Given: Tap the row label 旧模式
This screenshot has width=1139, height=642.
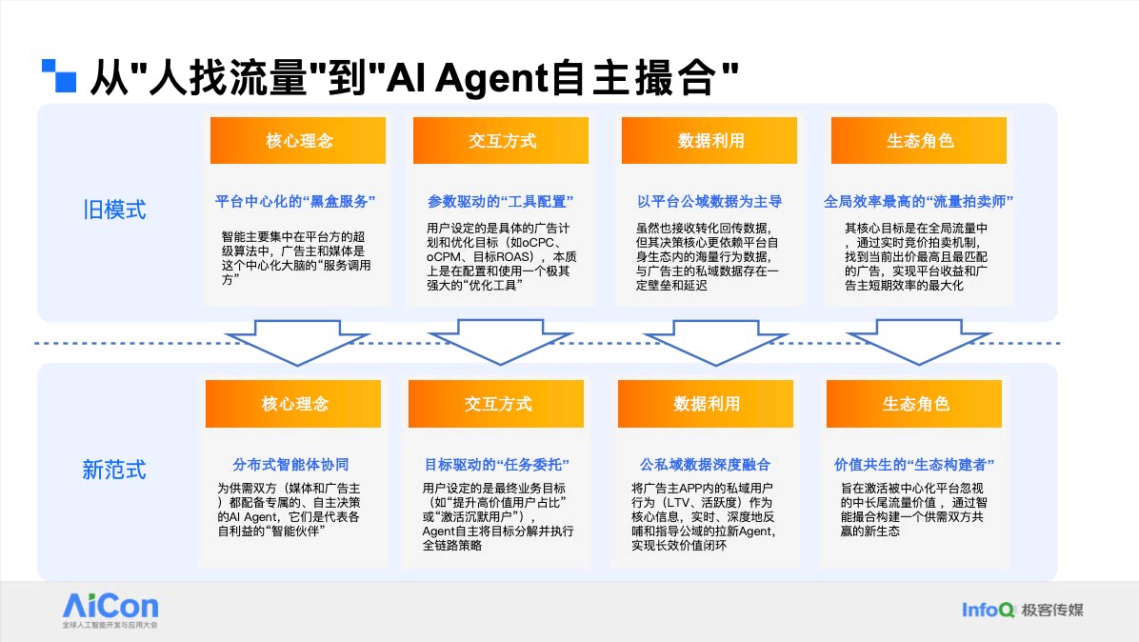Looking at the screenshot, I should (x=114, y=210).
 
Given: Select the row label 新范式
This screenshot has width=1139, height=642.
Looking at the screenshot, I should (x=114, y=470).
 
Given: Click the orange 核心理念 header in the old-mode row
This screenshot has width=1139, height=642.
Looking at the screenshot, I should (x=298, y=141).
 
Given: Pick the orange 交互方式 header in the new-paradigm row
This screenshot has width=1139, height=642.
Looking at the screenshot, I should (x=498, y=404).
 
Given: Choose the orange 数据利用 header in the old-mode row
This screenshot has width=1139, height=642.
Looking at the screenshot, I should (x=710, y=141).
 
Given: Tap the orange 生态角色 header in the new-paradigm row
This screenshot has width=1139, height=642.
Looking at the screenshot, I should (x=915, y=404).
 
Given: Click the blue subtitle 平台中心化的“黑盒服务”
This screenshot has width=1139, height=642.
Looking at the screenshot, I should (x=296, y=202).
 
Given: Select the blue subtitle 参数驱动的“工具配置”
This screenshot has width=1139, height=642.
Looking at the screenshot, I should (x=499, y=202).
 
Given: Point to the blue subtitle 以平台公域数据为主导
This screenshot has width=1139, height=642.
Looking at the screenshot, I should (x=709, y=202).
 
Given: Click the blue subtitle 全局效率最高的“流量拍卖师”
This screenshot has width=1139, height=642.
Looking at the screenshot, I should (x=918, y=202).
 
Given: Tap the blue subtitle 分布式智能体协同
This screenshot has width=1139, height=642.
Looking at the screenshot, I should (x=290, y=465).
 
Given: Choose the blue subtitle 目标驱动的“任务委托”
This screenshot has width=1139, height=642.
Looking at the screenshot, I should (x=496, y=465).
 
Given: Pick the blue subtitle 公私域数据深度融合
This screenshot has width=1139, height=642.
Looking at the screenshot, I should (x=706, y=465).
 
